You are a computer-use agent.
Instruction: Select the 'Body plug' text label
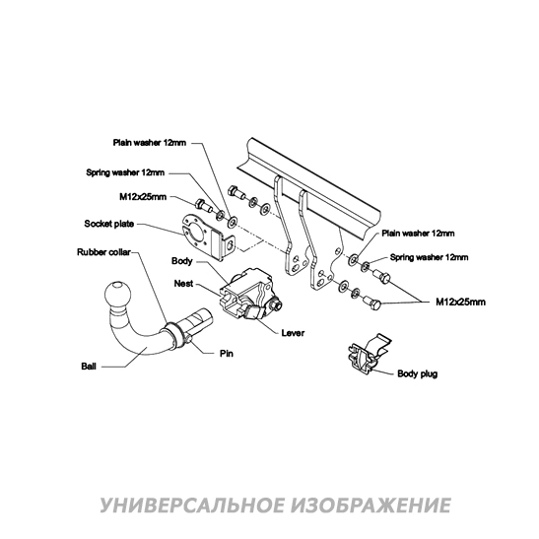click(x=418, y=374)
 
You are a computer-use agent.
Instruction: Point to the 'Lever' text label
click(x=292, y=334)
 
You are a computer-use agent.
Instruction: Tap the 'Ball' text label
click(x=88, y=365)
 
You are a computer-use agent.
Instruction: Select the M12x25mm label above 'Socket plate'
click(x=143, y=196)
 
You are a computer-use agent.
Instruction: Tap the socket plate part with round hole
click(x=205, y=232)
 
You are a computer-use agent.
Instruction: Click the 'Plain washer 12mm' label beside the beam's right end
click(x=418, y=235)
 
